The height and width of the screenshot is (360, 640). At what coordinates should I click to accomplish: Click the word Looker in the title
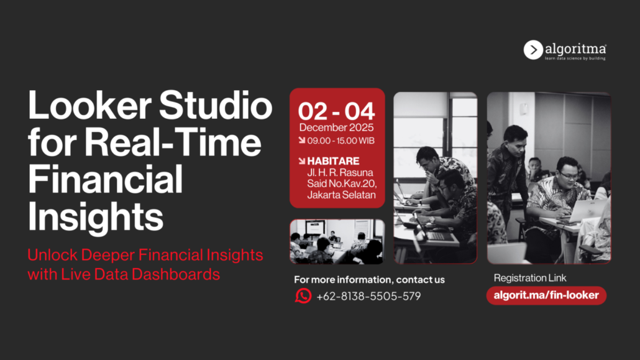pyautogui.click(x=89, y=106)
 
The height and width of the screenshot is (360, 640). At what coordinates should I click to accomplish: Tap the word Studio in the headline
pyautogui.click(x=215, y=106)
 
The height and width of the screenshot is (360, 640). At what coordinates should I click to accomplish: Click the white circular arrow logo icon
pyautogui.click(x=533, y=50)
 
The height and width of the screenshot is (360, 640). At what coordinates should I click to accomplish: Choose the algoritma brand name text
pyautogui.click(x=575, y=49)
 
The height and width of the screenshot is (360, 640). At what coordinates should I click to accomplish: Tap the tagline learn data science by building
pyautogui.click(x=575, y=58)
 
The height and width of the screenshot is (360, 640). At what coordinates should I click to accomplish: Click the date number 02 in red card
pyautogui.click(x=313, y=111)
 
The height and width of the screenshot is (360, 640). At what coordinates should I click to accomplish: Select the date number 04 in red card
pyautogui.click(x=360, y=111)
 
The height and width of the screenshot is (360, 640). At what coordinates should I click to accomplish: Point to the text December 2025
pyautogui.click(x=336, y=127)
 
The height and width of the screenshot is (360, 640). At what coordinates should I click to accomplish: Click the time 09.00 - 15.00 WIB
pyautogui.click(x=341, y=141)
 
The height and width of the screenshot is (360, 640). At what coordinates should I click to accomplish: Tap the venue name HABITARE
pyautogui.click(x=333, y=161)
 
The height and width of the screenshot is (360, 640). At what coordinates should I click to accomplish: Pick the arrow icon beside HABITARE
pyautogui.click(x=301, y=160)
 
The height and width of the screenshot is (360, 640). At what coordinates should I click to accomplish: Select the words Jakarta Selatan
pyautogui.click(x=341, y=195)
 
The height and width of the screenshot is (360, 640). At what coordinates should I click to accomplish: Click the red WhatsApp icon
pyautogui.click(x=303, y=295)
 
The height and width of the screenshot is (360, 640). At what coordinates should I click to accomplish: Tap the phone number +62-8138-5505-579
pyautogui.click(x=368, y=296)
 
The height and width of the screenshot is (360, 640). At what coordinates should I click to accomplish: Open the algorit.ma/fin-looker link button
pyautogui.click(x=546, y=295)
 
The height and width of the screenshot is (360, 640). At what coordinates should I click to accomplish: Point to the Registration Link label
pyautogui.click(x=530, y=278)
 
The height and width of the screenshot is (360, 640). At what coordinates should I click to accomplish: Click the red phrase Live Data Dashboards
pyautogui.click(x=140, y=274)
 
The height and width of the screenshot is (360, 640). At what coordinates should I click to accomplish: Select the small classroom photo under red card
pyautogui.click(x=337, y=241)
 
